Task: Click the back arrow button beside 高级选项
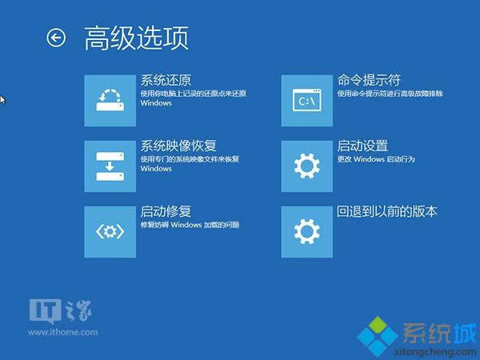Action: (x=56, y=38)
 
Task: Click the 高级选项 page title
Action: (x=136, y=38)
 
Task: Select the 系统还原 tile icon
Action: (x=110, y=101)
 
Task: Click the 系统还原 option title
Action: (x=166, y=81)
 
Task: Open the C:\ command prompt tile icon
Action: (x=306, y=101)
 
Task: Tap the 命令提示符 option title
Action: (x=369, y=80)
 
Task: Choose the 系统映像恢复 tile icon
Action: (x=110, y=166)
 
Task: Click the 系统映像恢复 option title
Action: (x=178, y=146)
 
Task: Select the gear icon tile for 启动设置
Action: (x=306, y=166)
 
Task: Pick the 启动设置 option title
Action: (x=362, y=146)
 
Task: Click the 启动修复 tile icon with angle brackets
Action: (x=110, y=232)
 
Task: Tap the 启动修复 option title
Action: (x=166, y=211)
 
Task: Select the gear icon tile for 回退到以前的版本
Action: (x=306, y=232)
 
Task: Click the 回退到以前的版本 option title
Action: (x=387, y=211)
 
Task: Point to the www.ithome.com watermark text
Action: (x=63, y=332)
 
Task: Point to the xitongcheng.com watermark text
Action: (x=435, y=352)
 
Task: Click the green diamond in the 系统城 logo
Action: (x=378, y=326)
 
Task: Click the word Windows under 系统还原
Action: (x=156, y=103)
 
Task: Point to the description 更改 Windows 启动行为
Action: (x=376, y=159)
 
